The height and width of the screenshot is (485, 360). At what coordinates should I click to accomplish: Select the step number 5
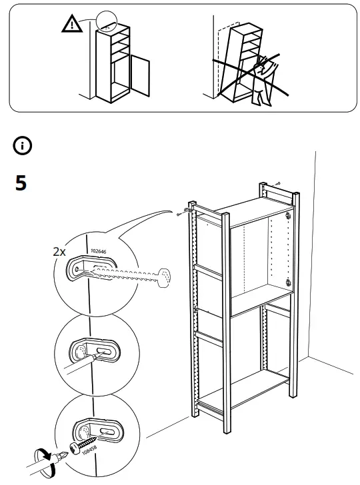21,184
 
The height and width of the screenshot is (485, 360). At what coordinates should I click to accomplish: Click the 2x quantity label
60,252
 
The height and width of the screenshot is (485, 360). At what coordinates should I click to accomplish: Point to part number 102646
97,251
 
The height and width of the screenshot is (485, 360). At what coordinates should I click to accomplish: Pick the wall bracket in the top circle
93,267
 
